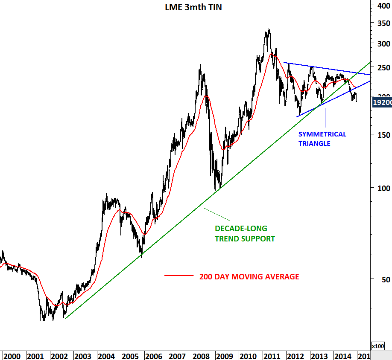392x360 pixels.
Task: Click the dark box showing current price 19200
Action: click(382, 102)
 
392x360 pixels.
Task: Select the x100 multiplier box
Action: click(378, 346)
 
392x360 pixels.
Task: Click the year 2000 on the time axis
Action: click(12, 356)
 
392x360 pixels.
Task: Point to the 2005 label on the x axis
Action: click(130, 356)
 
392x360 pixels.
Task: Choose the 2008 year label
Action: click(200, 356)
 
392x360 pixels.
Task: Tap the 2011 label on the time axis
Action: click(272, 356)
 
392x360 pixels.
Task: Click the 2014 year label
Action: click(343, 356)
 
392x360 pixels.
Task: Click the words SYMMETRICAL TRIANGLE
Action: click(322, 139)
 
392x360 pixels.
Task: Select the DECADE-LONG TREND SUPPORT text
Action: click(245, 234)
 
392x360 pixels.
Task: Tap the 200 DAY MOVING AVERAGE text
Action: click(249, 277)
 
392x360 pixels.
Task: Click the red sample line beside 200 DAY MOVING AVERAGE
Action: click(179, 276)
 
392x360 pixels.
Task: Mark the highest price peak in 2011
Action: click(269, 29)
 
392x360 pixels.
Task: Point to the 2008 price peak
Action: click(200, 65)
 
